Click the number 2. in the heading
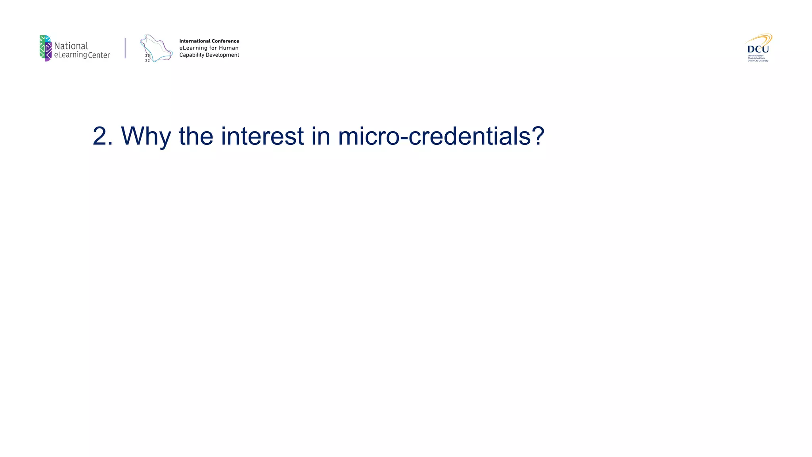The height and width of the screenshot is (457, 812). [102, 136]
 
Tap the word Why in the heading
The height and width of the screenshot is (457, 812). [146, 136]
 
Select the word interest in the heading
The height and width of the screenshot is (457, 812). [262, 136]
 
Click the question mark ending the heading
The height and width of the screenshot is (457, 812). [538, 136]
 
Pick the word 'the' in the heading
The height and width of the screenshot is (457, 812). [196, 136]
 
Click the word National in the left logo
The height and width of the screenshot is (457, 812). [71, 46]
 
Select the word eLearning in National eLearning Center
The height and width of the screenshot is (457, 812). [70, 55]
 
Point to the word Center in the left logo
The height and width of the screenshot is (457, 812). [99, 56]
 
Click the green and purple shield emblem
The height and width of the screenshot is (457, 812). [46, 48]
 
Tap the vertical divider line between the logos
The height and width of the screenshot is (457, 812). [125, 48]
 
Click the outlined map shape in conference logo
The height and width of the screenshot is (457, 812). [157, 48]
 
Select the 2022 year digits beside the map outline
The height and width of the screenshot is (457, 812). [147, 58]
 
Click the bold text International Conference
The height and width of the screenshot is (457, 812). [209, 41]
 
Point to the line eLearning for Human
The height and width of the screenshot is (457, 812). [209, 48]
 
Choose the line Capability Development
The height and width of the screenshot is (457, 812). [209, 55]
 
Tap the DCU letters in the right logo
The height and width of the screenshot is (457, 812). [758, 49]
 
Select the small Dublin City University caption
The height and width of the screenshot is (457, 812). [758, 61]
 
